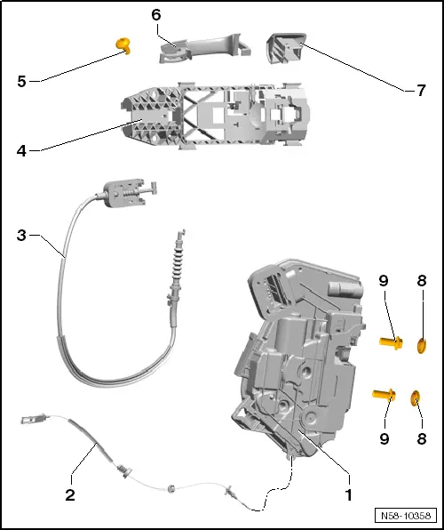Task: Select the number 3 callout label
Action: [x=21, y=236]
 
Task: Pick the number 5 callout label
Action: [x=21, y=81]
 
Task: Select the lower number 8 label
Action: [x=421, y=438]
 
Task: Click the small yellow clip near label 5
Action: [x=126, y=44]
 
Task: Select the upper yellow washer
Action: [x=422, y=342]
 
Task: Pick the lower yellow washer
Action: [x=416, y=397]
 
